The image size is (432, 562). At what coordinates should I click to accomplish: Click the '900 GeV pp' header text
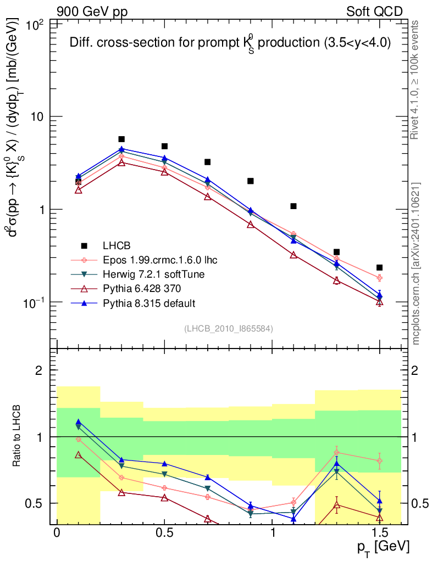point(92,12)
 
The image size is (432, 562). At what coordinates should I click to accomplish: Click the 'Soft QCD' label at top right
point(374,12)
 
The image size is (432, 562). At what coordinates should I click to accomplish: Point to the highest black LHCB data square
point(121,139)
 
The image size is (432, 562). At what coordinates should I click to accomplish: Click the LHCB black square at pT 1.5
point(379,267)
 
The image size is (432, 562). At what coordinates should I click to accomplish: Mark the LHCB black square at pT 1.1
point(293,206)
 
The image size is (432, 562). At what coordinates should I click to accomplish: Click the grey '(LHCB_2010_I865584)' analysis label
point(229,328)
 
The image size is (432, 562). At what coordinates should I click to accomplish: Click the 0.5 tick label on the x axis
point(164,533)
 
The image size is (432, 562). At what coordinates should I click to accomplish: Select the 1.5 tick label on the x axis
point(379,533)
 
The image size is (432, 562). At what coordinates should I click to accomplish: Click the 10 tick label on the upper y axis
point(38,117)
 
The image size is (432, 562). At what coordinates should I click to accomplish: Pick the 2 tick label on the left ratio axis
point(39,370)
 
